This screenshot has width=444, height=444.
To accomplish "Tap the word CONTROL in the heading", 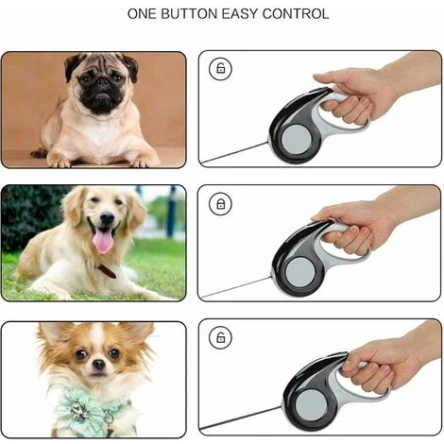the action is point(296,14).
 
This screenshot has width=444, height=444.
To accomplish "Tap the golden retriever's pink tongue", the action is point(103,240).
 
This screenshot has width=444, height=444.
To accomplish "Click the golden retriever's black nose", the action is point(107,218).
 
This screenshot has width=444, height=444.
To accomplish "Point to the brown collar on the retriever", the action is point(107,271).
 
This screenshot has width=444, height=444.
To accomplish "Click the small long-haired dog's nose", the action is point(99,365).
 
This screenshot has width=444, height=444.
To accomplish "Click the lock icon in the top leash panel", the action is point(220,68).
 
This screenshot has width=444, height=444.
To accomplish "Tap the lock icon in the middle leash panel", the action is point(220,204).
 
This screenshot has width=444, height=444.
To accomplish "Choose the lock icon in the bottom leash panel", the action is point(220,337).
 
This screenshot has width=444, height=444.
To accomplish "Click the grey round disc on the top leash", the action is point(296,140).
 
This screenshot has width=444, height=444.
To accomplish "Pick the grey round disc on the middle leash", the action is point(300,272).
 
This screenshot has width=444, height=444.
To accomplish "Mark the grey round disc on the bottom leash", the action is point(311,404).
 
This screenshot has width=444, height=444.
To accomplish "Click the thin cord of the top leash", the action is point(234,153).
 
